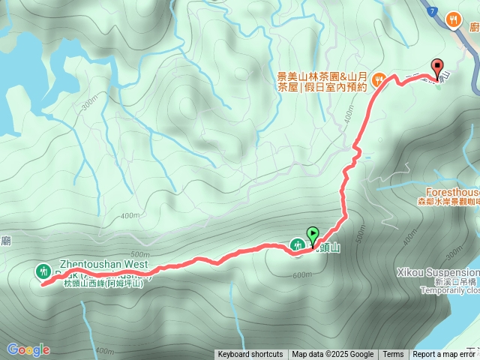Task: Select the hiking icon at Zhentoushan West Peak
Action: point(43,271)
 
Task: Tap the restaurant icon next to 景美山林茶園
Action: point(380,76)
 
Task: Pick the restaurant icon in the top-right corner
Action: point(453,20)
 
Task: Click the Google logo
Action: point(28,349)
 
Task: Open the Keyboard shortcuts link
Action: point(250,355)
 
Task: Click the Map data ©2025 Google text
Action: point(332,355)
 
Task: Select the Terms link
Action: point(393,355)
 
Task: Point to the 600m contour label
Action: point(302,274)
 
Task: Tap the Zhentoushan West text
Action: point(97,265)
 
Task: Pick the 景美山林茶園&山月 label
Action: point(321,76)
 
